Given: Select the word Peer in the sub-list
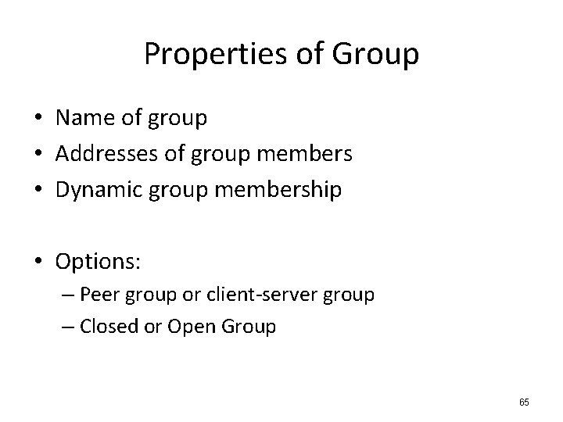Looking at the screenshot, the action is pyautogui.click(x=97, y=295).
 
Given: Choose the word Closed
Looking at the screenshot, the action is pyautogui.click(x=109, y=326).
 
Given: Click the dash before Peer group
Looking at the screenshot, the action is pyautogui.click(x=70, y=296).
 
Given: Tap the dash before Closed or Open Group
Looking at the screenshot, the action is pyautogui.click(x=70, y=327).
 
